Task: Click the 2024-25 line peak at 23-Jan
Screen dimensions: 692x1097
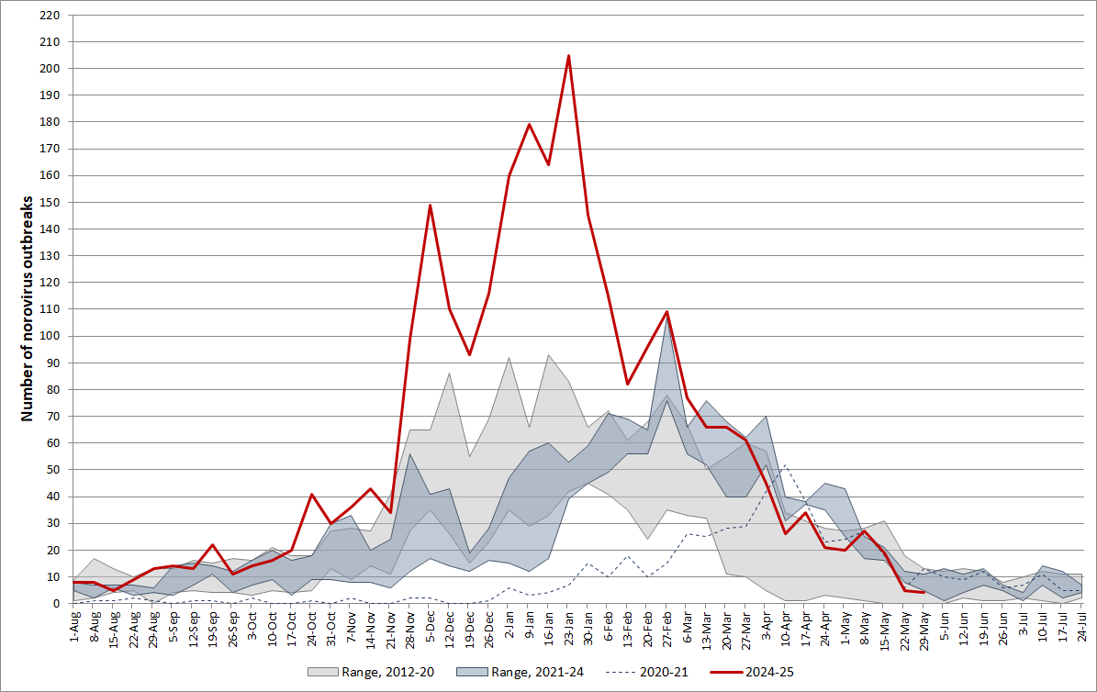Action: coord(568,56)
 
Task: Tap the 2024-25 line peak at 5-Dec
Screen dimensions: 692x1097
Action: coord(430,206)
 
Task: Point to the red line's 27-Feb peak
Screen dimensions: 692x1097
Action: coord(666,312)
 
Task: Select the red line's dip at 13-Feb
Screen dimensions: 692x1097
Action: coord(627,384)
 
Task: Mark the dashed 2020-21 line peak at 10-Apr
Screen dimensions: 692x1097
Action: coord(786,465)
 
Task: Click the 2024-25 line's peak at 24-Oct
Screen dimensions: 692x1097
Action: coord(311,494)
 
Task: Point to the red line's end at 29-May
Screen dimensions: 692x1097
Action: coord(923,593)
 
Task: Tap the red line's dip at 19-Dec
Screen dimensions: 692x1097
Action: coord(469,354)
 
